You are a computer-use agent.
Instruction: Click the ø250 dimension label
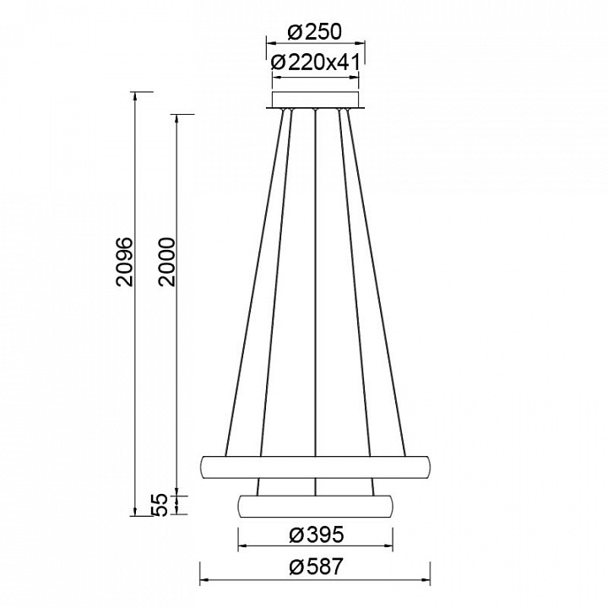click(315, 32)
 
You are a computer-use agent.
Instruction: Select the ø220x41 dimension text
click(316, 62)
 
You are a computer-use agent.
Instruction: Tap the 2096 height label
click(125, 262)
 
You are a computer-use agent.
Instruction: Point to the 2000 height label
click(166, 262)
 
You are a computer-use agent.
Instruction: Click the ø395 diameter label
click(317, 535)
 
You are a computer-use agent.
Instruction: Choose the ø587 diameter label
click(316, 567)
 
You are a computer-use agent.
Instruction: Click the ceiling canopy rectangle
click(316, 100)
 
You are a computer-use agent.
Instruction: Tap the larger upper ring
click(315, 467)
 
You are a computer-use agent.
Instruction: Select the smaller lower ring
click(315, 506)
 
